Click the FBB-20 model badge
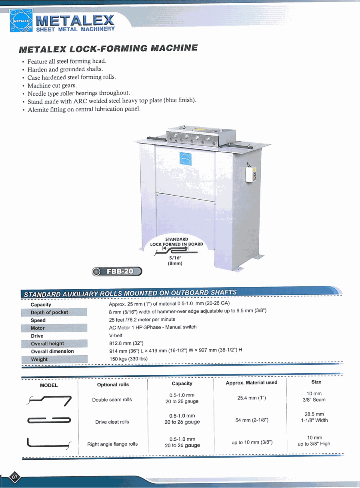(x=117, y=272)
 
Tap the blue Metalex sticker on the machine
(x=186, y=158)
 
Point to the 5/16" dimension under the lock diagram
(x=175, y=258)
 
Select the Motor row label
(x=38, y=328)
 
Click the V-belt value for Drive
(x=116, y=336)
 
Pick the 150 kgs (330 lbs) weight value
(x=128, y=359)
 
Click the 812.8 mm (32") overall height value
(x=126, y=343)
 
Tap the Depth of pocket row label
(x=49, y=312)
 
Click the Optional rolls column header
(x=113, y=384)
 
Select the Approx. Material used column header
(x=251, y=382)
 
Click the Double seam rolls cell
(x=112, y=400)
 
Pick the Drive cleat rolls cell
(x=112, y=422)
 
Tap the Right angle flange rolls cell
(x=112, y=444)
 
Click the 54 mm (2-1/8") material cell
(x=252, y=420)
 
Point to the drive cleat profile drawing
(x=49, y=420)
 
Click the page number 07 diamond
(x=15, y=477)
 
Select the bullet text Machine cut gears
(x=52, y=85)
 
